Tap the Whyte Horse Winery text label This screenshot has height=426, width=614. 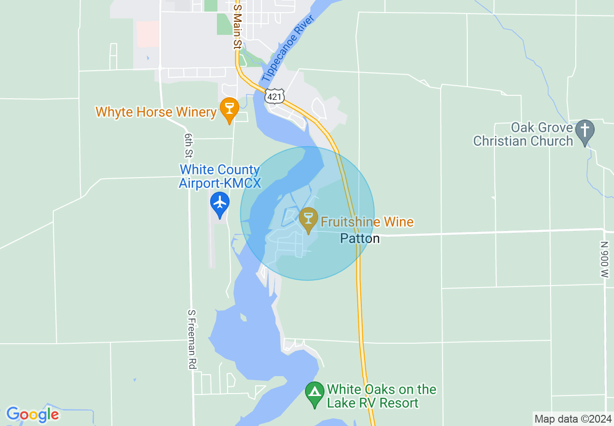pyautogui.click(x=156, y=112)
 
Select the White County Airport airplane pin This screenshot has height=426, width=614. pyautogui.click(x=220, y=203)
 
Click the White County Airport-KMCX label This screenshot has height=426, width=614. pyautogui.click(x=220, y=176)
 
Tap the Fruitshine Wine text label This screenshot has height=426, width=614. pyautogui.click(x=367, y=222)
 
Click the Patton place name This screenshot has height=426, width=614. pyautogui.click(x=360, y=238)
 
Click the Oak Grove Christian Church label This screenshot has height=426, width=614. pyautogui.click(x=523, y=135)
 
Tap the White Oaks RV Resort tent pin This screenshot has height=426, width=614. pyautogui.click(x=315, y=393)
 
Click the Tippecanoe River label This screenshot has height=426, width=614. pyautogui.click(x=288, y=49)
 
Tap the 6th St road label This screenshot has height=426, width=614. pyautogui.click(x=188, y=146)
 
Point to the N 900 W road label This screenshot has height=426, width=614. pyautogui.click(x=604, y=260)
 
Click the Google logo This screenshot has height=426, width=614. pyautogui.click(x=32, y=414)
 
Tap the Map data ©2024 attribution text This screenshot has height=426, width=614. pyautogui.click(x=573, y=419)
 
